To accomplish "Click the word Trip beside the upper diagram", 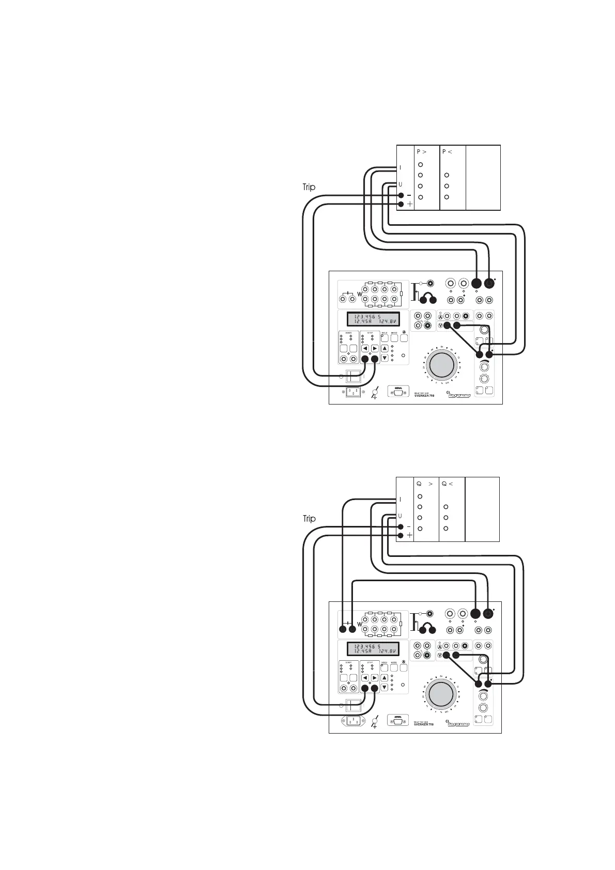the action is point(309,188).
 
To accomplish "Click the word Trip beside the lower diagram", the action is point(309,519).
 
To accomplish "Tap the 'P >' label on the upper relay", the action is point(422,152).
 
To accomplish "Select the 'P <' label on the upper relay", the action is point(448,152).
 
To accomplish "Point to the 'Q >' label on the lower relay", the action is point(424,484).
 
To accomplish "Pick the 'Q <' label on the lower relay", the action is point(448,484).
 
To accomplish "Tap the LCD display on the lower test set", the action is point(368,649).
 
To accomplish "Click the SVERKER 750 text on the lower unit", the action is point(424,724).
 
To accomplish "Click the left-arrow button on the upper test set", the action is point(365,348).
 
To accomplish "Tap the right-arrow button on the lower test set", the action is point(375,678).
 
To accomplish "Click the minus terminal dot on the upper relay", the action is point(401,195).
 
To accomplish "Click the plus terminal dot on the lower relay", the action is point(401,535).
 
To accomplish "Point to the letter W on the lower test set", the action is point(359,624).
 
